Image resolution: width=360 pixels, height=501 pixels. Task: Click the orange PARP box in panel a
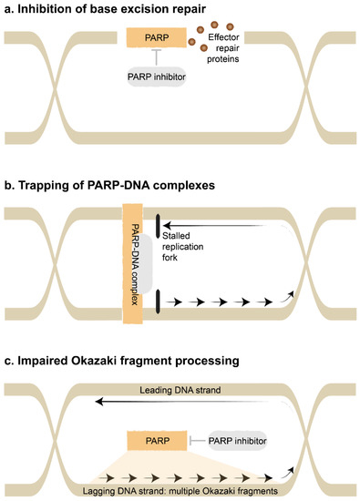tap(156, 37)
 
